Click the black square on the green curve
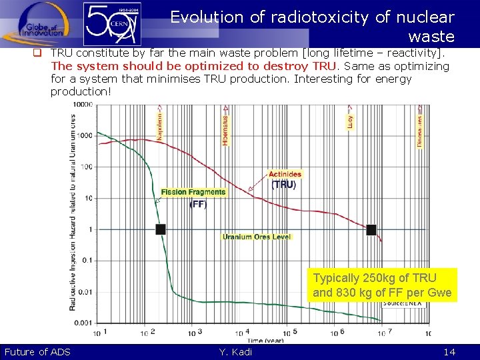click(160, 229)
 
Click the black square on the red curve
click(371, 229)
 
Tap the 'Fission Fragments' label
click(193, 192)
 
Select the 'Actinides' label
click(285, 175)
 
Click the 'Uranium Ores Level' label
click(257, 237)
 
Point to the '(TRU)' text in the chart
click(283, 185)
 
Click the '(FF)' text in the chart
click(198, 205)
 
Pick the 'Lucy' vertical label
click(351, 121)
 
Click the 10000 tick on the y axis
click(83, 105)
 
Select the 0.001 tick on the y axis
click(83, 323)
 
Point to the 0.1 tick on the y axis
click(87, 260)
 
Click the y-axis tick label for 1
click(90, 229)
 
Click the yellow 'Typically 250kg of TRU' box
click(383, 285)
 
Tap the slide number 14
click(449, 352)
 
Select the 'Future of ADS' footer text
click(37, 352)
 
